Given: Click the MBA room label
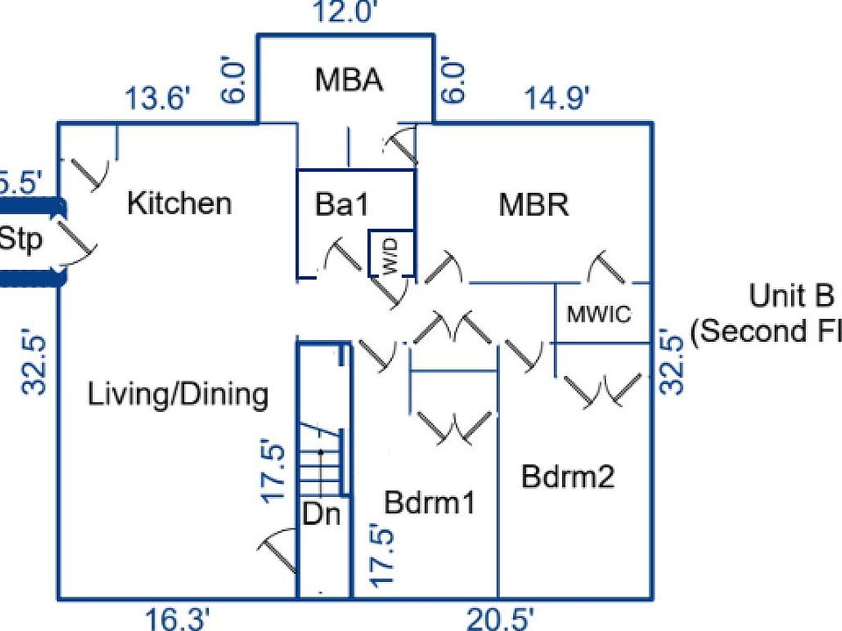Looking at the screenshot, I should (x=349, y=80).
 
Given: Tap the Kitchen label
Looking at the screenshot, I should (x=180, y=203).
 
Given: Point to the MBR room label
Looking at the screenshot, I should (x=534, y=205).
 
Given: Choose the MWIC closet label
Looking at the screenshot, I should (x=600, y=315).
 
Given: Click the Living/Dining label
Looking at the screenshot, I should (x=178, y=394).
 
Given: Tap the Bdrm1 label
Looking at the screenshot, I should (x=430, y=503).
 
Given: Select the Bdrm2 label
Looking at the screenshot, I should (x=567, y=477).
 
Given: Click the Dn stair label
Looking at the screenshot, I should (x=321, y=514).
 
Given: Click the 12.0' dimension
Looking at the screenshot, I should (x=346, y=13).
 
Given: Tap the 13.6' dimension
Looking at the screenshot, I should (x=157, y=99).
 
